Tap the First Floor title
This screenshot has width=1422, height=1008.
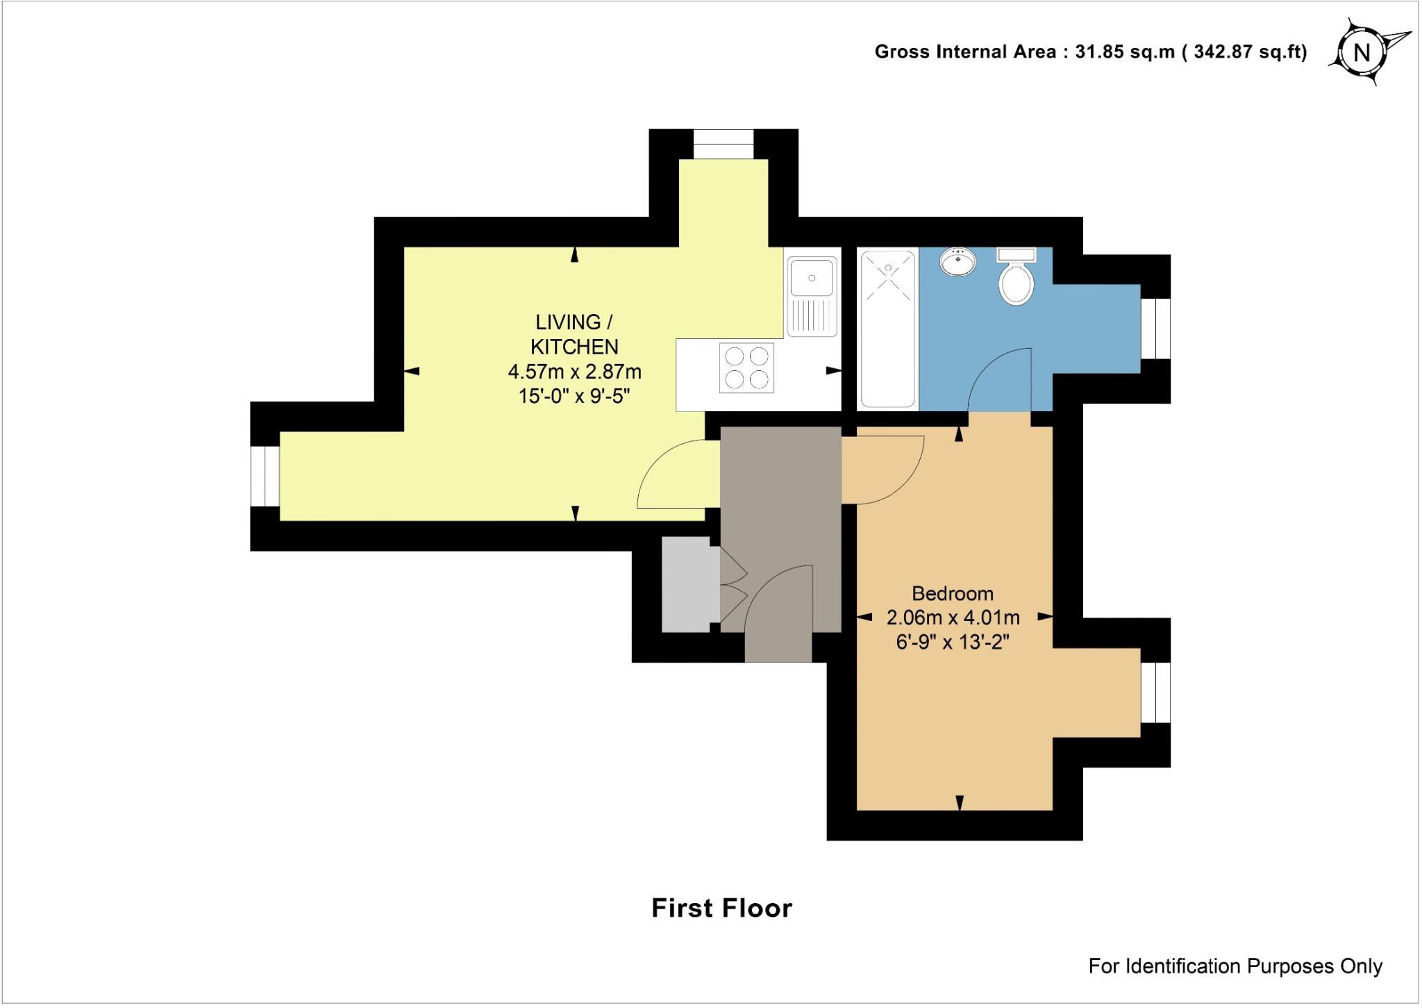[721, 908]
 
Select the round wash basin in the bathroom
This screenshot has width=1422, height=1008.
[958, 263]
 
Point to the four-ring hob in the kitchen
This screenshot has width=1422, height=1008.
[746, 368]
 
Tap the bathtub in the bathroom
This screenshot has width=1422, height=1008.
[888, 329]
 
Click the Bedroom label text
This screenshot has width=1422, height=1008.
[952, 593]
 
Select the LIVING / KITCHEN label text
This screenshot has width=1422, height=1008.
[574, 334]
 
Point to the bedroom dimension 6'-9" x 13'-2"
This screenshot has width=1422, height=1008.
[952, 642]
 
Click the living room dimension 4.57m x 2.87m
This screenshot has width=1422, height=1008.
[574, 372]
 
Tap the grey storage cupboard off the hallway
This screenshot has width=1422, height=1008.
[686, 584]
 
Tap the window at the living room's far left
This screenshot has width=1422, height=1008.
[265, 476]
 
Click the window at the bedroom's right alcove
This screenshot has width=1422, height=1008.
[1156, 693]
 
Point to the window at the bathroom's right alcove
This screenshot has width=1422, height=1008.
[1156, 329]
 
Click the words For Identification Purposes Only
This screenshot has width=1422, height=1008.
[1235, 966]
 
